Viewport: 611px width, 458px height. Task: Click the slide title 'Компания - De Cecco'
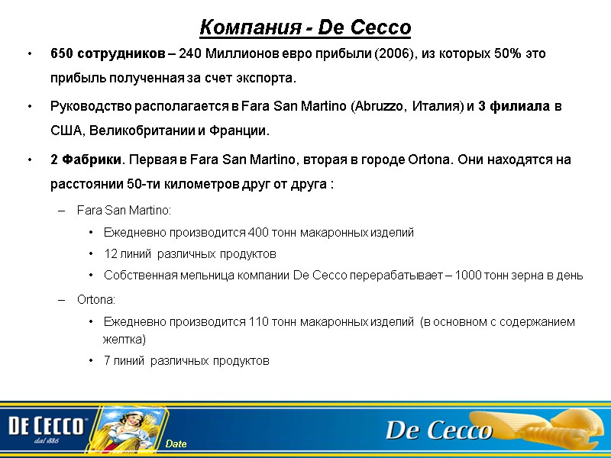pos(305,27)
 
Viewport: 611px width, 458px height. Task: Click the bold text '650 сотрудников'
pos(106,55)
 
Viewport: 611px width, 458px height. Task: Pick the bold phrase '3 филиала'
pos(513,106)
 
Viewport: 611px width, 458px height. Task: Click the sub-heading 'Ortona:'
pos(96,300)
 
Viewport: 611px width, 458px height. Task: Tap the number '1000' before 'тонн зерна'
pos(467,276)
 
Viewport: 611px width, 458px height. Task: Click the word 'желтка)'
pos(124,338)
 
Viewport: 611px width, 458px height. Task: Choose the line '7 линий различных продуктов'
pos(186,360)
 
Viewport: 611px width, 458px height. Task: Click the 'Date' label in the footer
pos(176,444)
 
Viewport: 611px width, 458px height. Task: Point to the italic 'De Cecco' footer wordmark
pos(438,430)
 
